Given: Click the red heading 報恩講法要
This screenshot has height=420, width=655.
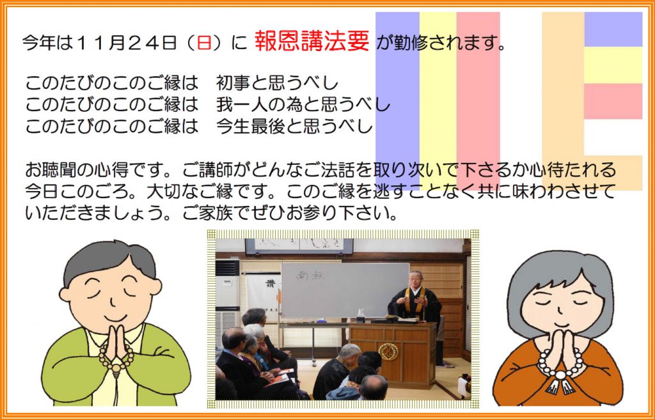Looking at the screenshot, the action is click(x=312, y=41).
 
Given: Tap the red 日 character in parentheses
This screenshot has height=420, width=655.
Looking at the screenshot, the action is click(x=204, y=43).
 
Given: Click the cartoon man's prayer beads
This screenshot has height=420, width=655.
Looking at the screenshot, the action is click(x=116, y=359).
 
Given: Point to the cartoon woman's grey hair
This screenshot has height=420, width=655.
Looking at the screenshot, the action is click(x=560, y=280).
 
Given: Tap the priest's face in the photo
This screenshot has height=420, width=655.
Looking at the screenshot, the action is click(x=416, y=279).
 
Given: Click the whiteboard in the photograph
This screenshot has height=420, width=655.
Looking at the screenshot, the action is click(x=344, y=290).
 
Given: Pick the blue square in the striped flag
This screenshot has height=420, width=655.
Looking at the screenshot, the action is click(x=613, y=29).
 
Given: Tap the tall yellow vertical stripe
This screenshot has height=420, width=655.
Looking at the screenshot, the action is click(x=438, y=100).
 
